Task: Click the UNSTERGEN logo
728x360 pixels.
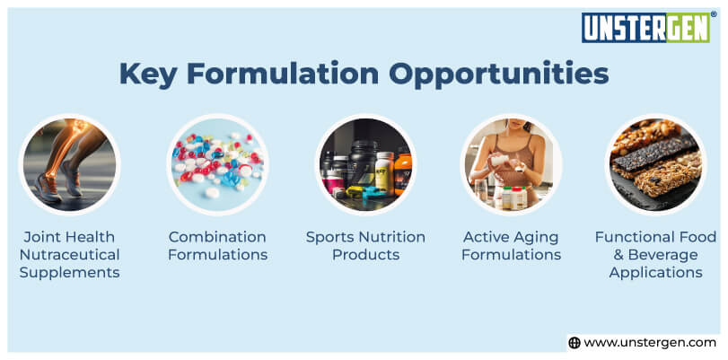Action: pyautogui.click(x=645, y=28)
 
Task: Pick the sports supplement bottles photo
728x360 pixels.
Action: pyautogui.click(x=365, y=164)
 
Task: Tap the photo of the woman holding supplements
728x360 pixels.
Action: pyautogui.click(x=512, y=164)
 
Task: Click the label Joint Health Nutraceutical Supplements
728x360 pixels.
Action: pyautogui.click(x=70, y=254)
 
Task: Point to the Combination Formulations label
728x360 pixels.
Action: pyautogui.click(x=218, y=245)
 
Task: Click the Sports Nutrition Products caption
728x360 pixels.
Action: pyautogui.click(x=365, y=245)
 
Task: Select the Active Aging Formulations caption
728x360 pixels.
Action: pyautogui.click(x=512, y=245)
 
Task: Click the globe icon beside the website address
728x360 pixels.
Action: pyautogui.click(x=575, y=342)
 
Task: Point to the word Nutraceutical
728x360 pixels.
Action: pyautogui.click(x=70, y=254)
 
